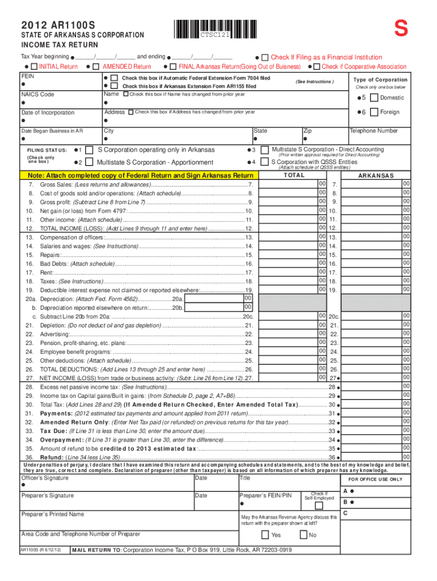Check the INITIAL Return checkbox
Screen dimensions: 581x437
[33, 67]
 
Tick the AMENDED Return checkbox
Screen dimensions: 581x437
[97, 67]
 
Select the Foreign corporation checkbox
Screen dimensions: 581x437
[373, 112]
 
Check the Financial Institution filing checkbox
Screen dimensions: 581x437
[265, 57]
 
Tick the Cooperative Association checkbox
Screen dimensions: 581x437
[316, 67]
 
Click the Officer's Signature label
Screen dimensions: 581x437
[45, 478]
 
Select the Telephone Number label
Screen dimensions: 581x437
[373, 131]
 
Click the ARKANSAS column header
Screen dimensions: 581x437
[376, 176]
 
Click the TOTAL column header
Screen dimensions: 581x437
[294, 175]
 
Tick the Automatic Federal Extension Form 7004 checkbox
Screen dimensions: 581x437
[114, 77]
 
